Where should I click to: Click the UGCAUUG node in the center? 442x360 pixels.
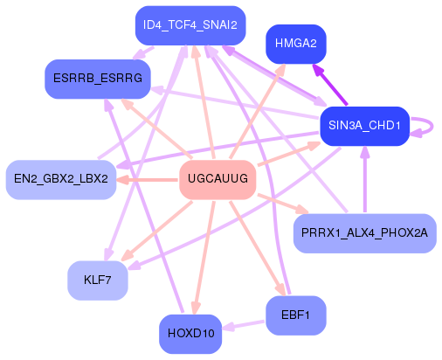click(217, 179)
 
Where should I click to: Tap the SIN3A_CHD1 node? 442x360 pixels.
click(364, 126)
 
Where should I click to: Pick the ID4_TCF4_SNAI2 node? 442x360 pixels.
click(190, 24)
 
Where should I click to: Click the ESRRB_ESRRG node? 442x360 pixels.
click(97, 79)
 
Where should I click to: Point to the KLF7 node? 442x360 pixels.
click(98, 280)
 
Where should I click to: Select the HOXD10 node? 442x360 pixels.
click(190, 333)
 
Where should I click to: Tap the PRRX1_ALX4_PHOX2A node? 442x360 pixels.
click(364, 232)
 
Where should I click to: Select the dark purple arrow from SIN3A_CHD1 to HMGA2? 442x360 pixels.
click(332, 87)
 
